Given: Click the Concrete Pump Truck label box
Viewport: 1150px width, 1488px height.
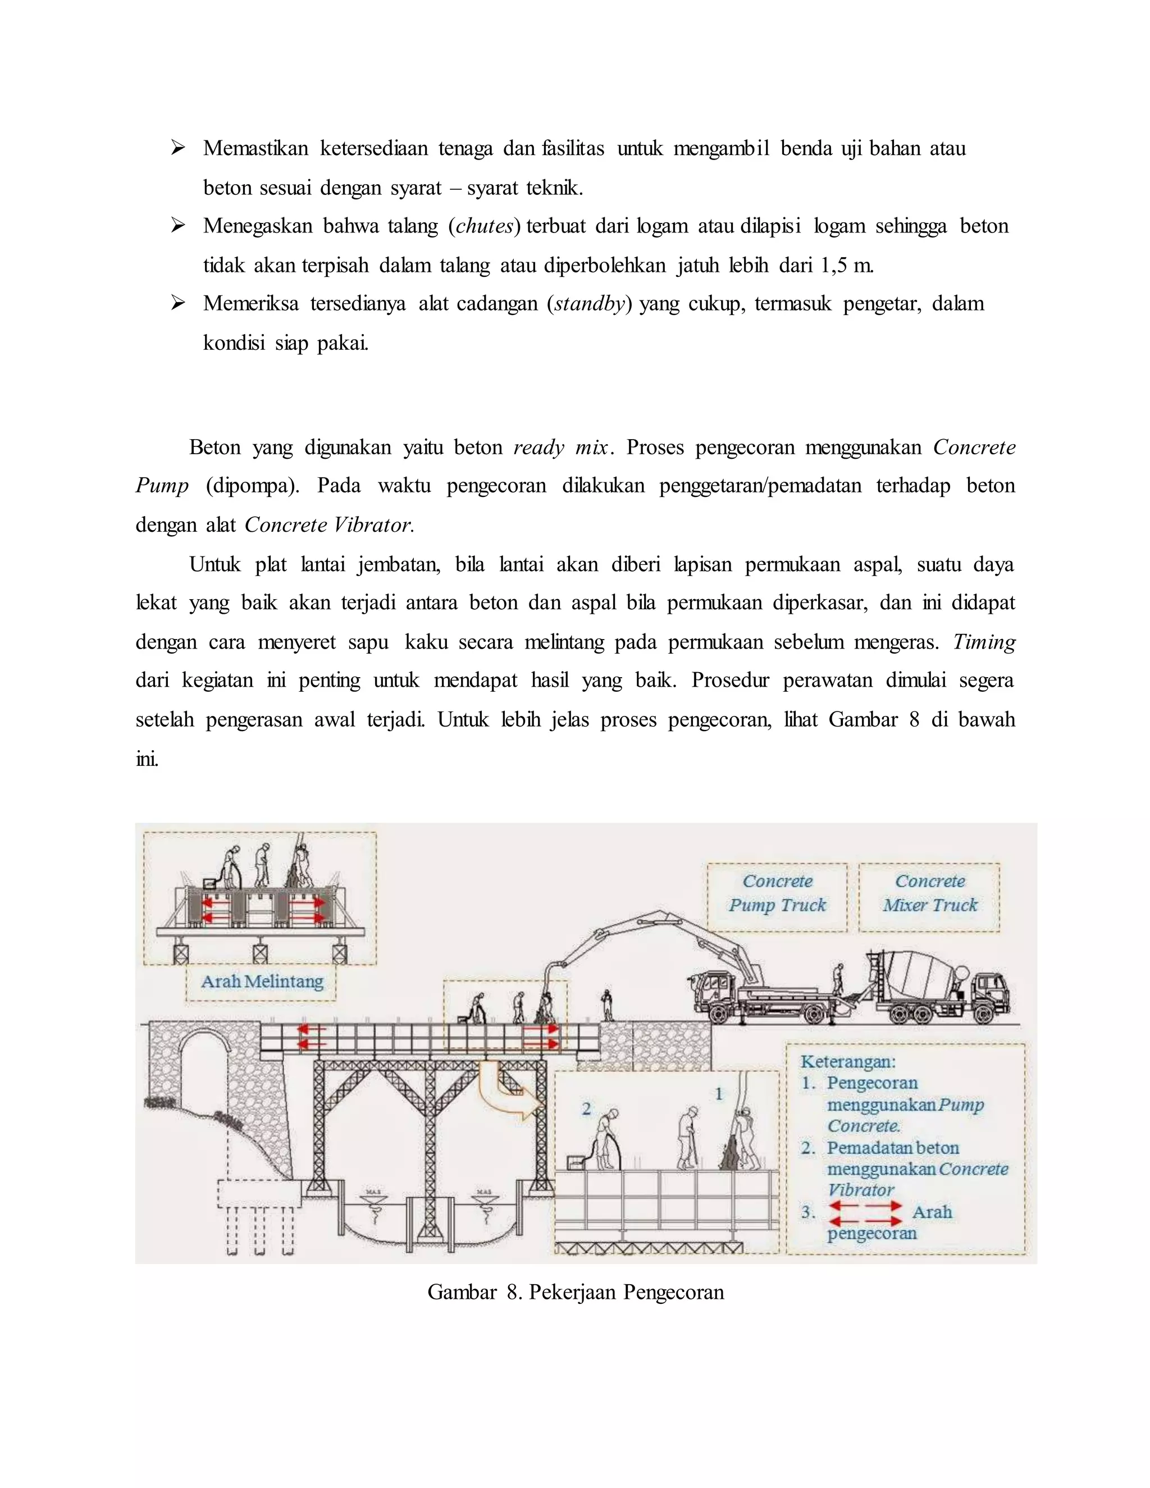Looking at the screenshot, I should pyautogui.click(x=777, y=897).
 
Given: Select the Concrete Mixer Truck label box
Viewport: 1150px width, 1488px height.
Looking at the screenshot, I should pyautogui.click(x=929, y=897).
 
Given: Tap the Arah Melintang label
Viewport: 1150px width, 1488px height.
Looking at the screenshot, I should pyautogui.click(x=262, y=982).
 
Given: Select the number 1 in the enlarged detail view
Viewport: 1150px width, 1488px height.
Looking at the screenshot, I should pyautogui.click(x=718, y=1094).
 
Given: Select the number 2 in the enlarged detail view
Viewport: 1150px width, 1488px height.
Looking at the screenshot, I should pyautogui.click(x=586, y=1109).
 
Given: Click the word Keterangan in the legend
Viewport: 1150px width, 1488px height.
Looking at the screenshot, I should pyautogui.click(x=847, y=1061).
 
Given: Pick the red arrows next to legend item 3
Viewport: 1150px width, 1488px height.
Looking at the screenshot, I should pyautogui.click(x=865, y=1212).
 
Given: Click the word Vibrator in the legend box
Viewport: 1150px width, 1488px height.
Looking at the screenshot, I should pyautogui.click(x=860, y=1190).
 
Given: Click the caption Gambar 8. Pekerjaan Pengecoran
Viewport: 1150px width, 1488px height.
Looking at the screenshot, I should pyautogui.click(x=575, y=1293).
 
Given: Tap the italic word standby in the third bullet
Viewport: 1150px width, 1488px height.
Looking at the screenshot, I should pyautogui.click(x=589, y=304).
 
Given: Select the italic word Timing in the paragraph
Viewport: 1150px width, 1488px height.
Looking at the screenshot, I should pyautogui.click(x=984, y=642).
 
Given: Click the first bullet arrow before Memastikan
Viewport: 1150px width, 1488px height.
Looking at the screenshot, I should pyautogui.click(x=179, y=148).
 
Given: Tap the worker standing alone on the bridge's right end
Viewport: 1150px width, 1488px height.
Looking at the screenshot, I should pyautogui.click(x=606, y=1005).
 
